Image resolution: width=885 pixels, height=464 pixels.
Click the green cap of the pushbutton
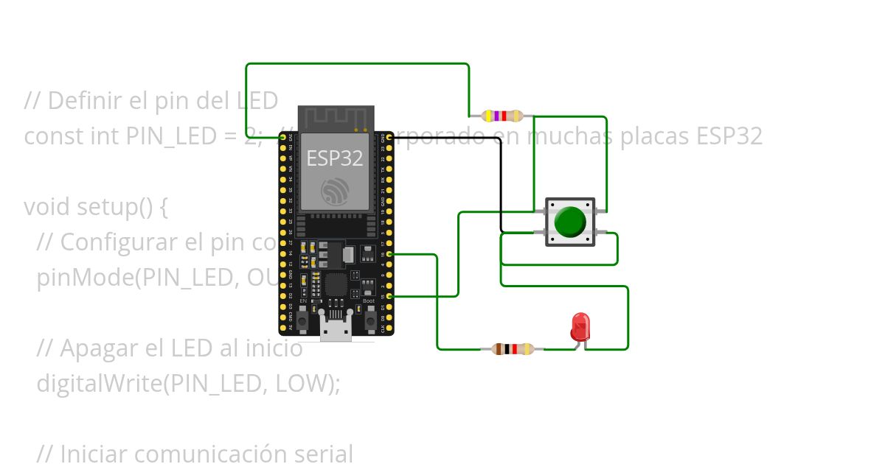[569, 222]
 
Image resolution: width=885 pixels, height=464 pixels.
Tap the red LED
[580, 326]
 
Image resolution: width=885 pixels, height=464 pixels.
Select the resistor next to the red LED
[513, 349]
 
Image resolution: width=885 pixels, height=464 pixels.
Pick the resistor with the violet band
[502, 116]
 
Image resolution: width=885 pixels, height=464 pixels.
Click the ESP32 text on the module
[335, 158]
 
